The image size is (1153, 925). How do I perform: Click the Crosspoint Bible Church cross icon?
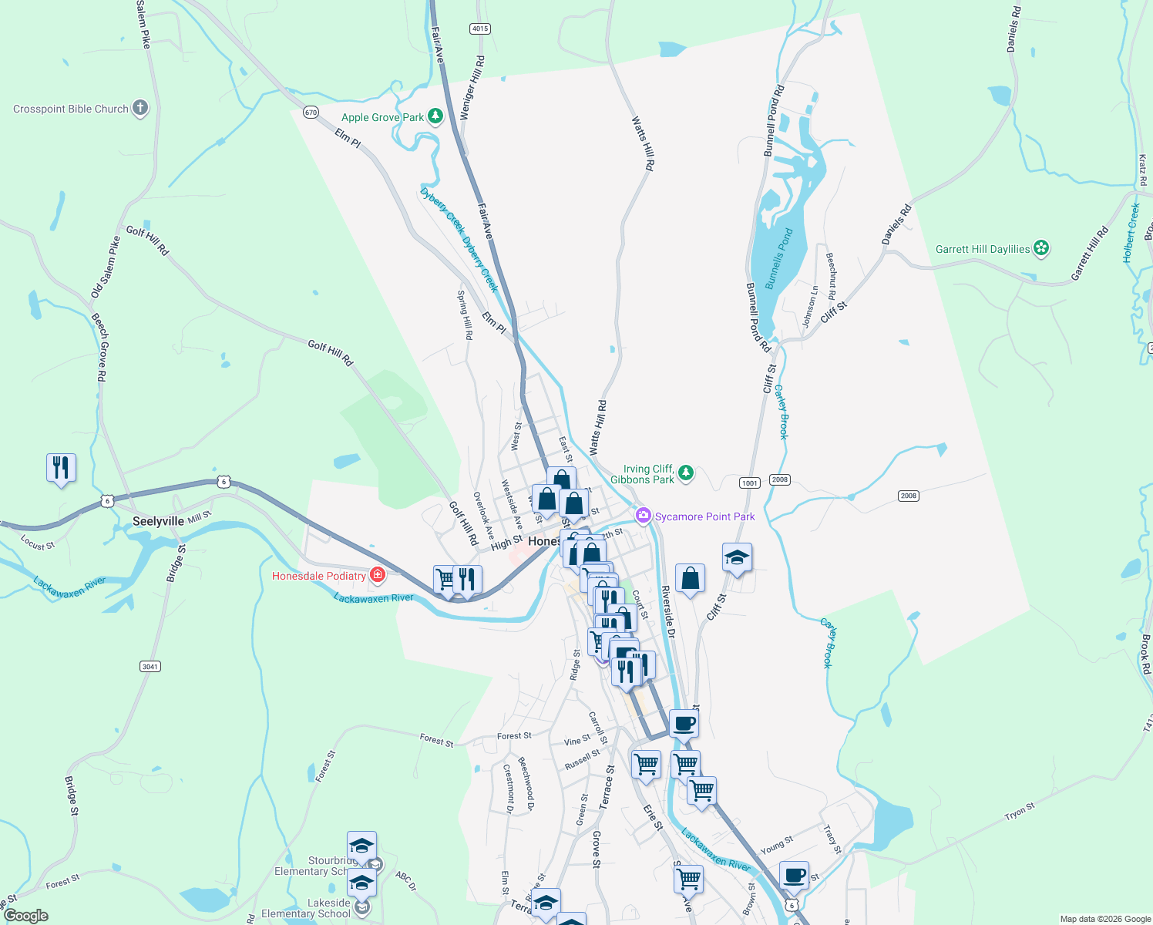(140, 108)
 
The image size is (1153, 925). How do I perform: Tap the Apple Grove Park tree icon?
(435, 117)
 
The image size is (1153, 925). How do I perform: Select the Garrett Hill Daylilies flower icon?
(1041, 248)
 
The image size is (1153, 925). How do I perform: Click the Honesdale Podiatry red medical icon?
(377, 575)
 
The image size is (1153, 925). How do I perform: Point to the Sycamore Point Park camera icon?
(644, 516)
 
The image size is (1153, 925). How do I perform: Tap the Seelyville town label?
(158, 522)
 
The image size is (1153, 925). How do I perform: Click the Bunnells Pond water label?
(778, 259)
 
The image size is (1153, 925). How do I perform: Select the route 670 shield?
(311, 112)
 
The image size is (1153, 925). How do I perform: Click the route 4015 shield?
(479, 29)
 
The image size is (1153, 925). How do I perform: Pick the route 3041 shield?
(150, 666)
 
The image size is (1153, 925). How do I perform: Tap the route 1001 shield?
(749, 483)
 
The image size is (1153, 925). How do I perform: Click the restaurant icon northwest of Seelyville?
(61, 468)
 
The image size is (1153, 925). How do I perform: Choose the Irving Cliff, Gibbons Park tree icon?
(686, 473)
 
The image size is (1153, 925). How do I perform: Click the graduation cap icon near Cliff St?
(737, 558)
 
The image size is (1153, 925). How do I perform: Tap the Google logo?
(26, 916)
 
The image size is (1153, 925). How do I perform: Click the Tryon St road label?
(1019, 812)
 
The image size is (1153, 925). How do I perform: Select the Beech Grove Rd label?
(100, 348)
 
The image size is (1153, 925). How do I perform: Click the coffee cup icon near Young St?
(794, 876)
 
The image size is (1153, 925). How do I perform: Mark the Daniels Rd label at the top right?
(1014, 29)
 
